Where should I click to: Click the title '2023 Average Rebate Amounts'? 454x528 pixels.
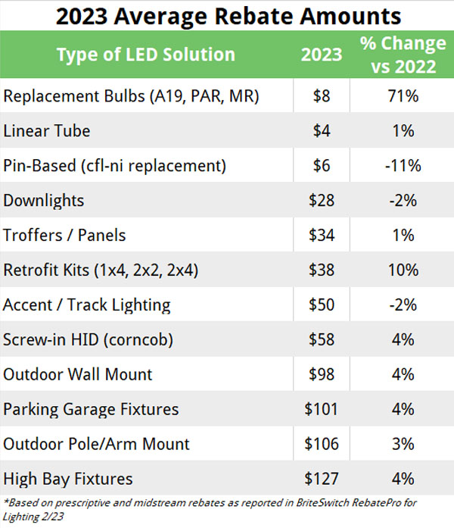[227, 14]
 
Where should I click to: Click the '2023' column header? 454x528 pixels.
[321, 55]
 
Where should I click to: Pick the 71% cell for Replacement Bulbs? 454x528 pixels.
[403, 96]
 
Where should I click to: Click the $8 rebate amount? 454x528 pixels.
[322, 96]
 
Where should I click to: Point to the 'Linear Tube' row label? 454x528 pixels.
[47, 131]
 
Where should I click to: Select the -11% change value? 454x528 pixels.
[403, 166]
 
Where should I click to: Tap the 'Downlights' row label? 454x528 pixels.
[44, 201]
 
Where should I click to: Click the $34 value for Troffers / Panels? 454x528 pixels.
[322, 236]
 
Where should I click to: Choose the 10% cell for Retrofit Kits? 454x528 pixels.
[403, 270]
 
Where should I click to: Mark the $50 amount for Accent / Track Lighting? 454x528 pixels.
[322, 305]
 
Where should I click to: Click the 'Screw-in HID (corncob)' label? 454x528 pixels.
[89, 340]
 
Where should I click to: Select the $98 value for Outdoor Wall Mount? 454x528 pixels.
[322, 375]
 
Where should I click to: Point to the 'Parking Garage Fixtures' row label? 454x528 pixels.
[91, 410]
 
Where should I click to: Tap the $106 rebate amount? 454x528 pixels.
[322, 445]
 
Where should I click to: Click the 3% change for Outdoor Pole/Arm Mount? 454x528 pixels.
[403, 445]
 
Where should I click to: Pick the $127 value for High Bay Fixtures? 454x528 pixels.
[322, 480]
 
